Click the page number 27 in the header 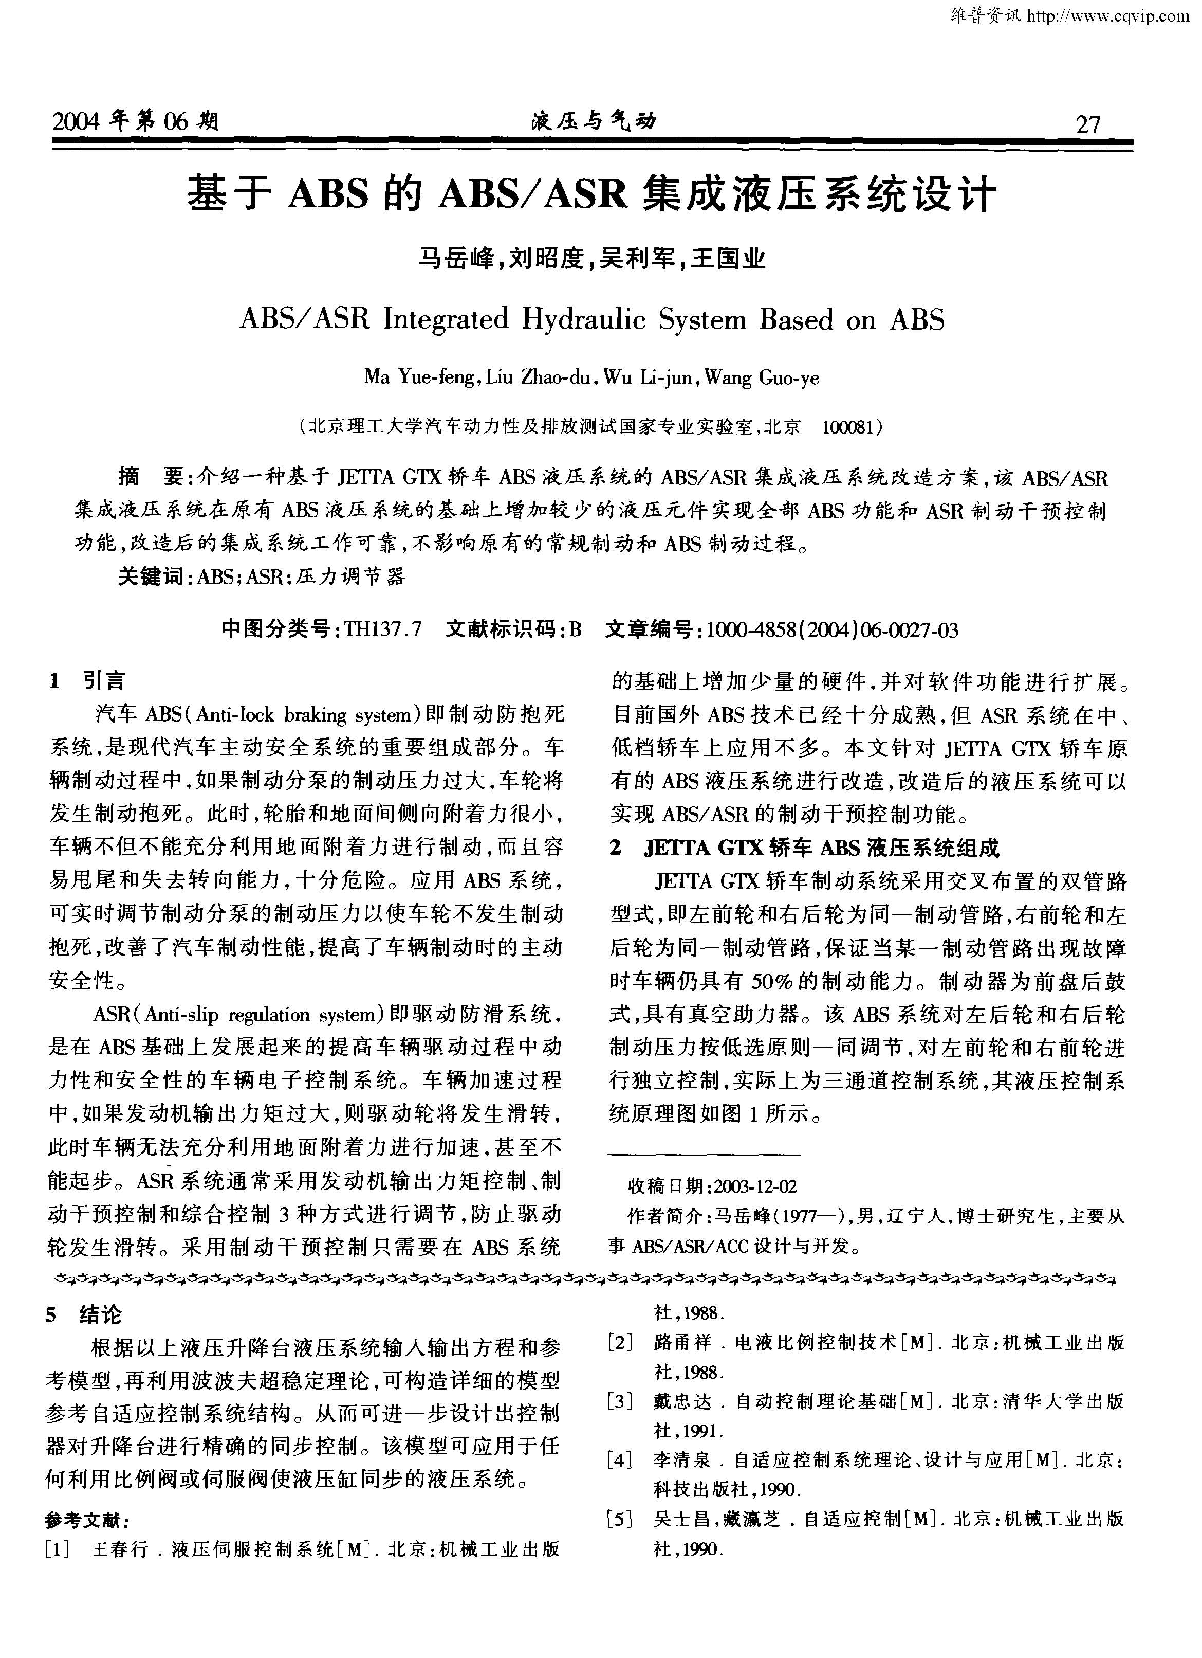click(1088, 125)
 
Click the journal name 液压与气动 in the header click(594, 121)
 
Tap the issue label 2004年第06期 click(136, 121)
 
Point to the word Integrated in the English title click(446, 320)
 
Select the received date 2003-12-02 click(755, 1186)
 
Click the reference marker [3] click(620, 1401)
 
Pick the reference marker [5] click(620, 1519)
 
